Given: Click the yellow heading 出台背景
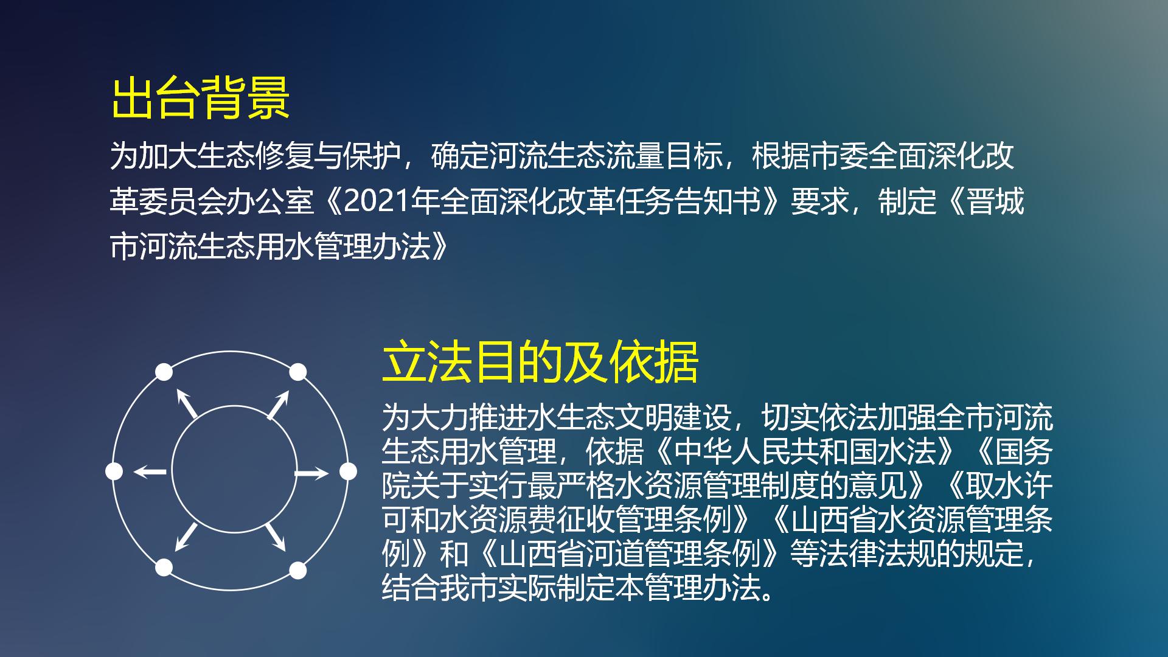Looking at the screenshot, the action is (x=201, y=97).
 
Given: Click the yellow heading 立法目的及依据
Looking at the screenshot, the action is (x=540, y=363).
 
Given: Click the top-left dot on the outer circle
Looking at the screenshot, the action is (x=164, y=372).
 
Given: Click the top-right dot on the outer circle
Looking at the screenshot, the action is (x=297, y=372).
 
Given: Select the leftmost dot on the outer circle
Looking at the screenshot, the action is (x=114, y=471).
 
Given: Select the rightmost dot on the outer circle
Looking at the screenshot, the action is (x=348, y=471).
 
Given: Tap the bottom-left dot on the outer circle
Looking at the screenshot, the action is (x=164, y=568).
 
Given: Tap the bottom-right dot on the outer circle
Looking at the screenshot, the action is (x=297, y=570).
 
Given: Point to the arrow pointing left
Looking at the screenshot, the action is (x=150, y=471).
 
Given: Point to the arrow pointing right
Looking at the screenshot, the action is (x=311, y=473).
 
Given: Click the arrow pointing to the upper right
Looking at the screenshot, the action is (x=278, y=405).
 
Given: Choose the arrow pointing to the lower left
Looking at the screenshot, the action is (x=186, y=537).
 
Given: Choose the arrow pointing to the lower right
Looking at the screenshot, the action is (x=276, y=537).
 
